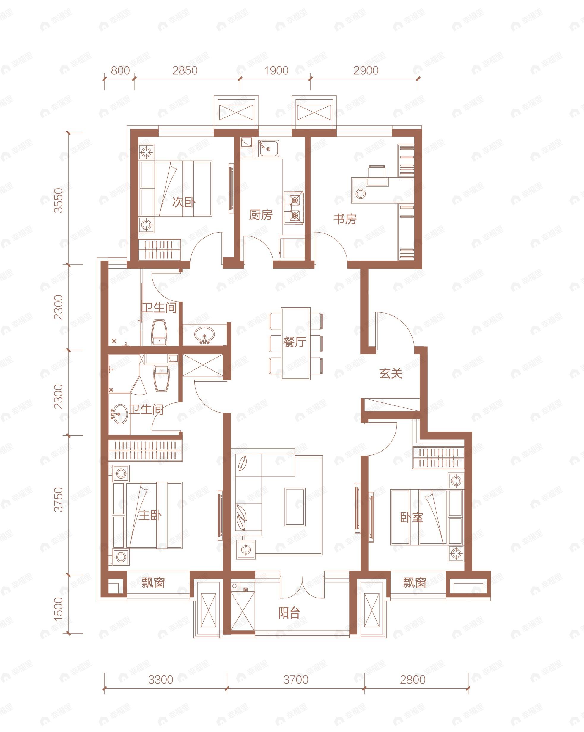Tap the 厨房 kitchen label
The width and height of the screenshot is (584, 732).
tap(261, 215)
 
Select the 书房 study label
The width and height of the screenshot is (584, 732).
tap(345, 219)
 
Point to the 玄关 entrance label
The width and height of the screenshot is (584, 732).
tap(391, 374)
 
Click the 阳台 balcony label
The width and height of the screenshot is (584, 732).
tap(289, 613)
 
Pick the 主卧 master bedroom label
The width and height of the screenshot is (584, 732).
tap(150, 515)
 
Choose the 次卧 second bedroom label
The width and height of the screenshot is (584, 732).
tap(184, 202)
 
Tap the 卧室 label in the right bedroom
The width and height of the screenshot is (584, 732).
tap(411, 518)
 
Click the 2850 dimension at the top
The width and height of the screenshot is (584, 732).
tap(185, 70)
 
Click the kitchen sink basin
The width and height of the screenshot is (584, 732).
tap(268, 148)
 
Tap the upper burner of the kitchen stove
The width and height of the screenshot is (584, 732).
tap(294, 200)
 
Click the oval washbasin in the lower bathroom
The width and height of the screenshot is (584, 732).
tap(119, 413)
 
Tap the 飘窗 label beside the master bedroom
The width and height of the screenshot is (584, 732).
tap(153, 583)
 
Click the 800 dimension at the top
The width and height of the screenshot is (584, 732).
tap(120, 70)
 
